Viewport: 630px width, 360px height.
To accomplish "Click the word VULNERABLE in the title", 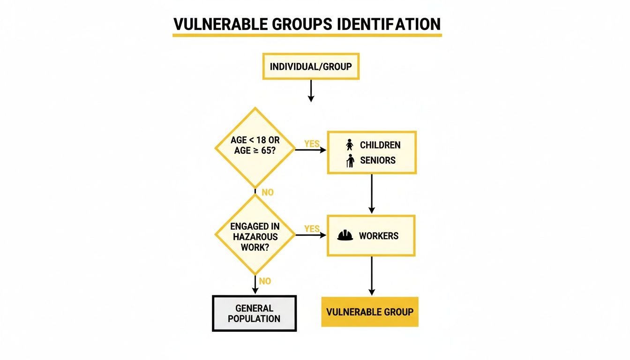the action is (x=220, y=24).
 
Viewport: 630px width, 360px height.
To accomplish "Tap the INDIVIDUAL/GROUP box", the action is (x=311, y=67).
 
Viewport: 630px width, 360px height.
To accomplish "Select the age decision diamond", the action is (x=255, y=148).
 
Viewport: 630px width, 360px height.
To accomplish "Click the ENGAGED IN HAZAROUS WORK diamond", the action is (x=255, y=234).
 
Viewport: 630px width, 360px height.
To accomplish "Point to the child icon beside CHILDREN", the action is (x=350, y=144).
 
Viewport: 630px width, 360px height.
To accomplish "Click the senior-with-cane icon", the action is (x=350, y=161).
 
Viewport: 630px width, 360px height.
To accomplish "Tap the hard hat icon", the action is (x=345, y=235).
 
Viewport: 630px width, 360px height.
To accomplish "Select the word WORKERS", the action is (x=379, y=236).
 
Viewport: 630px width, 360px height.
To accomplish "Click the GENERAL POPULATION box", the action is (x=254, y=313).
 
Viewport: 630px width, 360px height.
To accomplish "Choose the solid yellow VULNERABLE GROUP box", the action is (x=370, y=312).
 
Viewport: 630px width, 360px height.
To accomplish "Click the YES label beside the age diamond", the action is (x=312, y=144).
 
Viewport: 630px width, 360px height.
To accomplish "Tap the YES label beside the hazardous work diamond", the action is (x=312, y=229).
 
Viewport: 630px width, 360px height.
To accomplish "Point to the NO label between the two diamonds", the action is (x=268, y=192).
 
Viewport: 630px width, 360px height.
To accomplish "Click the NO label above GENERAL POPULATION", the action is (x=265, y=281).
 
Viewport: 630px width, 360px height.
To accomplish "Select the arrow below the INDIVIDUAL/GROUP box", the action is (x=311, y=91).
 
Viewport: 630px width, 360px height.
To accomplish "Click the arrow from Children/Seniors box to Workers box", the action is (x=372, y=194).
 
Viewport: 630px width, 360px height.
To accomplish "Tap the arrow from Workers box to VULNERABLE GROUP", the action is (x=372, y=276).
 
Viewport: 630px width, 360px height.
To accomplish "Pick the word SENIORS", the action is (x=378, y=160).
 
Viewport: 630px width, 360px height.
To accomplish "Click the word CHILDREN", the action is (x=380, y=145).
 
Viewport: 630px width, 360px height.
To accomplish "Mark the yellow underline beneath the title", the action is (x=307, y=35).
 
